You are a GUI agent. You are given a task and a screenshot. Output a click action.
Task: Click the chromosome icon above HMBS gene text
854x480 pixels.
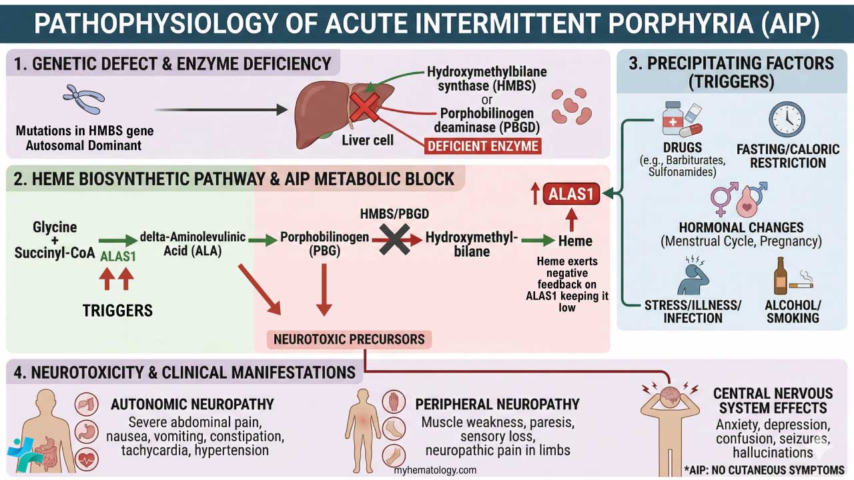pos(83,101)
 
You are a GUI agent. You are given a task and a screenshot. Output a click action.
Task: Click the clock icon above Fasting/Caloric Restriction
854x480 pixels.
pos(787,120)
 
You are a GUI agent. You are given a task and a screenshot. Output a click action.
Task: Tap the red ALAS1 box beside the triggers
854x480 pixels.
pos(571,195)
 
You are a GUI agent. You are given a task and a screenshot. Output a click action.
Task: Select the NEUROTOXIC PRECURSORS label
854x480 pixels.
pos(349,339)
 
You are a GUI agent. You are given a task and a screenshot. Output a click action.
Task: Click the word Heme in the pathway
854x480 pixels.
pos(575,241)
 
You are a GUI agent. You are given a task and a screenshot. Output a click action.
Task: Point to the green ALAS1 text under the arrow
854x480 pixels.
pos(119,257)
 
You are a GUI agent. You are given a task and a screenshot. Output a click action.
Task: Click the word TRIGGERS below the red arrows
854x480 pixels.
pos(117,311)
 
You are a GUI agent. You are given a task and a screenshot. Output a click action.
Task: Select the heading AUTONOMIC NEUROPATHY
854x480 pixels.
pos(192,404)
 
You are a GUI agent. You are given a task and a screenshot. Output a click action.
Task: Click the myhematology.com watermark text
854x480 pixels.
pos(435,470)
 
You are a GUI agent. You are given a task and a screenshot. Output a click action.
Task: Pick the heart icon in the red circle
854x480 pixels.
pos(87,459)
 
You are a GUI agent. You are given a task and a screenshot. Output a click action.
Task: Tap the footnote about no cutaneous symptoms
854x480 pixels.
pos(764,470)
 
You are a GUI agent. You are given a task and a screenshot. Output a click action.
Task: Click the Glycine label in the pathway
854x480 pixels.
pos(55,227)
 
